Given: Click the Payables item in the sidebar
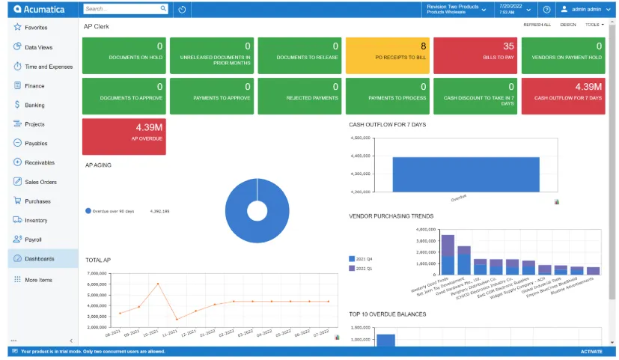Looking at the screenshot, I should tap(35, 143).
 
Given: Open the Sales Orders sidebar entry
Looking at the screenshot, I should tap(40, 182).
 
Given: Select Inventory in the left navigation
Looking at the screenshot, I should tap(35, 220).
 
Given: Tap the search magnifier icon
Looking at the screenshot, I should tap(164, 9).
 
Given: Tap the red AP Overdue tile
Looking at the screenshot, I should tap(124, 132).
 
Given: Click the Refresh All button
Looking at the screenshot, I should tap(537, 25).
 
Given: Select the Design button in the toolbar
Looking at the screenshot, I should tap(568, 25).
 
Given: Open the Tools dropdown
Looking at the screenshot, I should tap(594, 25).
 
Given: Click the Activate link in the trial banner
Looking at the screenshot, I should tap(591, 351).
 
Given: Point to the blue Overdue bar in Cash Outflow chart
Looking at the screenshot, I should tap(455, 174).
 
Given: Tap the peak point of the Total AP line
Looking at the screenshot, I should tap(158, 284).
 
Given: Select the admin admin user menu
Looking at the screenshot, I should tap(585, 9).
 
